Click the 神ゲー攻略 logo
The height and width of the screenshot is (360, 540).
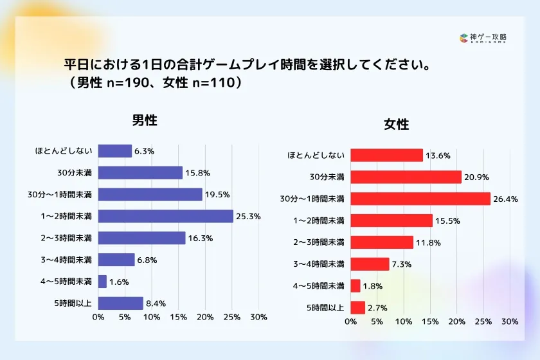tap(483, 39)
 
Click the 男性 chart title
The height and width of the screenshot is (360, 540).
tap(145, 120)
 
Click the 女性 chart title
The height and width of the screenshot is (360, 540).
tap(397, 124)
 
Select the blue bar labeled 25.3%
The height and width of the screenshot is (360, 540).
tap(165, 216)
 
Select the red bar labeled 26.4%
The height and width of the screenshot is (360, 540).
tap(420, 199)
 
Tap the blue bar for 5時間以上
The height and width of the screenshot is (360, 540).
tap(120, 303)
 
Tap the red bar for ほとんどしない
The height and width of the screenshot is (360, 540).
tap(387, 155)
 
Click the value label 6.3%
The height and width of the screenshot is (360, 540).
tap(145, 151)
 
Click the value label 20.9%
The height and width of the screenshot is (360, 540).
tap(475, 177)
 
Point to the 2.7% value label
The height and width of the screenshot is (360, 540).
tap(377, 308)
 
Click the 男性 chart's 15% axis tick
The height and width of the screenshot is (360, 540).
tap(178, 317)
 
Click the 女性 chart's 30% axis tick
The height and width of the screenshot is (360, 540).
tap(510, 321)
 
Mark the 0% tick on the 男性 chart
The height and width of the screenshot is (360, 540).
tap(98, 317)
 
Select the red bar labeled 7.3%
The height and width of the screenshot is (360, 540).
tap(370, 264)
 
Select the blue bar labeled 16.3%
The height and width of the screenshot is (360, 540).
tap(141, 238)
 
